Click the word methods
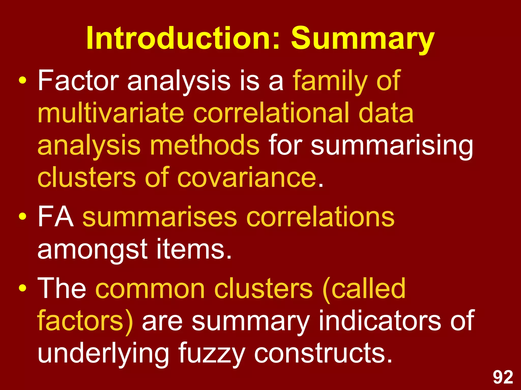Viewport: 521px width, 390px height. click(x=205, y=145)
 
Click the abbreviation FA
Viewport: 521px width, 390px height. click(x=56, y=217)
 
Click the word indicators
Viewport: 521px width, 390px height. click(x=379, y=321)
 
